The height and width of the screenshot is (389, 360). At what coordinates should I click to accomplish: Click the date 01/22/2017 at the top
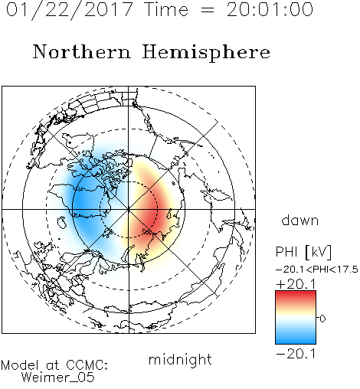70,10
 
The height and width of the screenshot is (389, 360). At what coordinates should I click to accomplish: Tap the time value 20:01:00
270,10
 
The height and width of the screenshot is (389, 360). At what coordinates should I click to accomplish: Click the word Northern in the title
82,52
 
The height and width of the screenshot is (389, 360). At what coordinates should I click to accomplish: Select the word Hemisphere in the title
206,53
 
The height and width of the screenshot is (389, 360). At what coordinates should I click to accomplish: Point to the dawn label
300,221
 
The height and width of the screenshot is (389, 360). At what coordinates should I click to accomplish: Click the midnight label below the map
180,360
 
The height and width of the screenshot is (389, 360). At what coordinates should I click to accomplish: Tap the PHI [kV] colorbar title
303,252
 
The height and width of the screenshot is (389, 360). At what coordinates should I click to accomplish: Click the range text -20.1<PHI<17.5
317,270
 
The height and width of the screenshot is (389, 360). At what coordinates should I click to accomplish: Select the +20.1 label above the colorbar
296,284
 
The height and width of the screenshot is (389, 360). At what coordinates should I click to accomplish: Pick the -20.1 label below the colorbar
296,354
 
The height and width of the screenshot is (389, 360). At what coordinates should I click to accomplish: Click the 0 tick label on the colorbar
322,319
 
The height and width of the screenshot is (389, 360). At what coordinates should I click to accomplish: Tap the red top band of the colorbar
296,293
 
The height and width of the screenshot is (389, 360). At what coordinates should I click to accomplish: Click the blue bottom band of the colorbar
296,341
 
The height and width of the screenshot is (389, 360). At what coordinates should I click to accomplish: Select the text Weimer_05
58,378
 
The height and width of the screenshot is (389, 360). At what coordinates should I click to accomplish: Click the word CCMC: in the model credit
87,365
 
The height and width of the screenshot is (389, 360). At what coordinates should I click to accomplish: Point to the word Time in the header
166,10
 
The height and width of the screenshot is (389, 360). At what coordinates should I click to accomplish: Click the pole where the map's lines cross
129,210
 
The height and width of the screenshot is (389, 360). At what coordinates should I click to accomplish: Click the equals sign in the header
208,10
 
